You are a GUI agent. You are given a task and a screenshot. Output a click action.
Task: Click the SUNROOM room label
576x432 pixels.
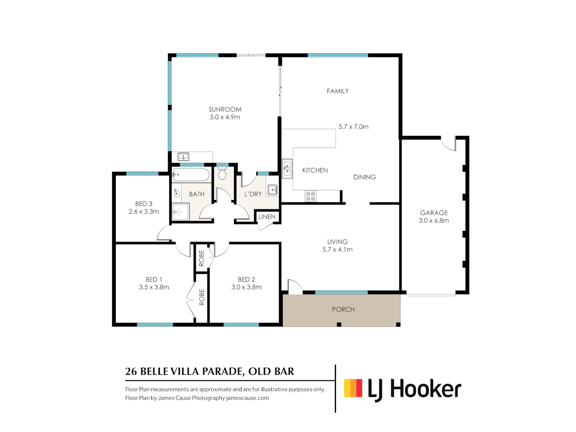(x=225, y=109)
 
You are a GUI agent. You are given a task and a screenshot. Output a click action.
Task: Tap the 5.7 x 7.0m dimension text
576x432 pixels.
(x=353, y=127)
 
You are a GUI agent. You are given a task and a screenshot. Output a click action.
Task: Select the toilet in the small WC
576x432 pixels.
(x=222, y=174)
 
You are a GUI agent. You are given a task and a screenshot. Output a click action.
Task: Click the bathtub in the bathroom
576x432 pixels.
(x=191, y=175)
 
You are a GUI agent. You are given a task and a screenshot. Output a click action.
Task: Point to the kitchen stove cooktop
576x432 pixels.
(x=310, y=196)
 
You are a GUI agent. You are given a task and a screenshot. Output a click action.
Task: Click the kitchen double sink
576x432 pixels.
(x=287, y=168)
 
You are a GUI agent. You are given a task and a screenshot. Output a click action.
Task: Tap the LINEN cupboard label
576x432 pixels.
(x=267, y=217)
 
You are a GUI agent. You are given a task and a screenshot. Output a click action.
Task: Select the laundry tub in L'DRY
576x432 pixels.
(x=272, y=190)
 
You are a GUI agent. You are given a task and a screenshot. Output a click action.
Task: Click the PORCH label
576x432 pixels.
(x=343, y=309)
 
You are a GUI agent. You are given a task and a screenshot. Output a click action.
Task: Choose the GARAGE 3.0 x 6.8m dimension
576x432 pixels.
(x=434, y=220)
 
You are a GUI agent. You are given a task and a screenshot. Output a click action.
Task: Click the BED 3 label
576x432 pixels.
(x=144, y=204)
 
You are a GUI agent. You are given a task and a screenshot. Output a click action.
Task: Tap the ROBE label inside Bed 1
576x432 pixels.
(x=202, y=297)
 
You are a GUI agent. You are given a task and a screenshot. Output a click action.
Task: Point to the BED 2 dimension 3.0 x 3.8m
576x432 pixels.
(x=246, y=287)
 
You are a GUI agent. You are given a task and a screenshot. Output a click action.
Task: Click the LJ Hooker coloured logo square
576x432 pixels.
(x=353, y=388)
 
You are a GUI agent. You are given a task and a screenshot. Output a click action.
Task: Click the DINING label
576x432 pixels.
(x=364, y=177)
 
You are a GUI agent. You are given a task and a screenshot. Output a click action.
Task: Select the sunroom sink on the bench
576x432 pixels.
(x=183, y=156)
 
